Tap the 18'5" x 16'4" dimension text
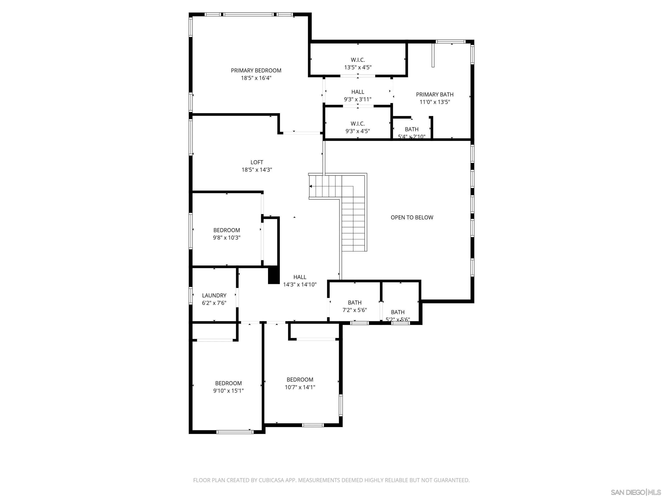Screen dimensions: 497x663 coord(256,78)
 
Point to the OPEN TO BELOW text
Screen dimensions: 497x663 coord(412,217)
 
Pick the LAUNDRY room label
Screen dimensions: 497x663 coord(214,295)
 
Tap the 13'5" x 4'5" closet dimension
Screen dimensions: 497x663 coord(358,67)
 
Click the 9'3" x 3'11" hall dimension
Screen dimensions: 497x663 coord(358,99)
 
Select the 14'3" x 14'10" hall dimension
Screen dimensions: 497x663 coord(300,285)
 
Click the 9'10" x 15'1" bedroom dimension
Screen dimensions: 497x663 coord(228,391)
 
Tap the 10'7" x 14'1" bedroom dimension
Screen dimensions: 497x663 coord(300,387)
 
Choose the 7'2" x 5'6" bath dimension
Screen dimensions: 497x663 coord(355,310)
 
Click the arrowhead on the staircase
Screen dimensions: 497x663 coord(311,186)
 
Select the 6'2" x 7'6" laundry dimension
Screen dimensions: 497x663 coord(214,303)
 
